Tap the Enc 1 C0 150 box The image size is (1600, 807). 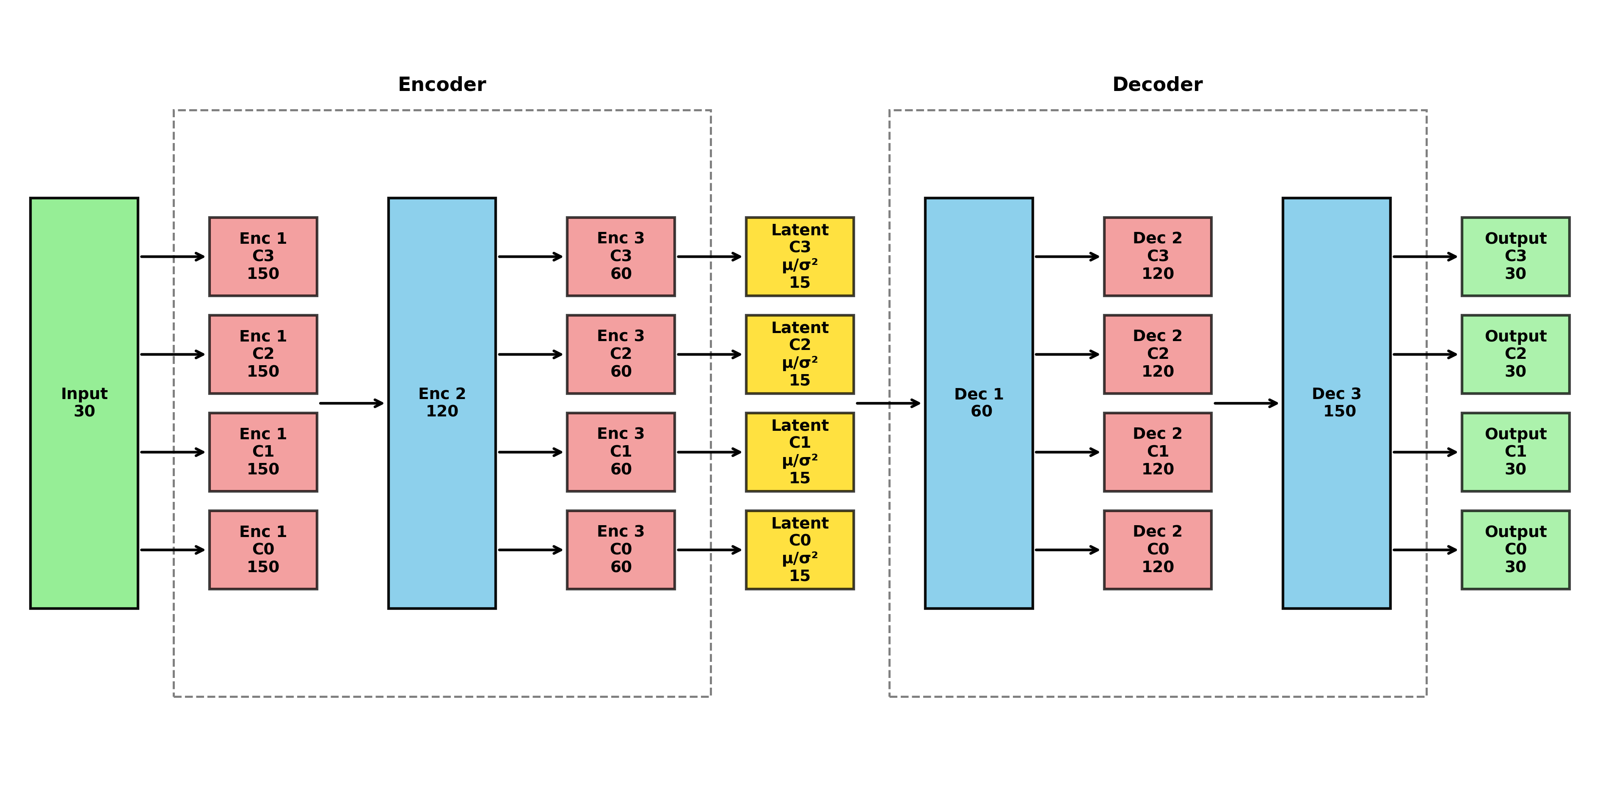[x=263, y=549]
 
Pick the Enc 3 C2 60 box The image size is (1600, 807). [x=621, y=354]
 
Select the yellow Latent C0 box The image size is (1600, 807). [x=800, y=549]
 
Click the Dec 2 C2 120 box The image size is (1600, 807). [x=1157, y=354]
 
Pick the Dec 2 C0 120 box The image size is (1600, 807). [x=1157, y=549]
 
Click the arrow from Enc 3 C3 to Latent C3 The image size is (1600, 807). [x=709, y=256]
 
